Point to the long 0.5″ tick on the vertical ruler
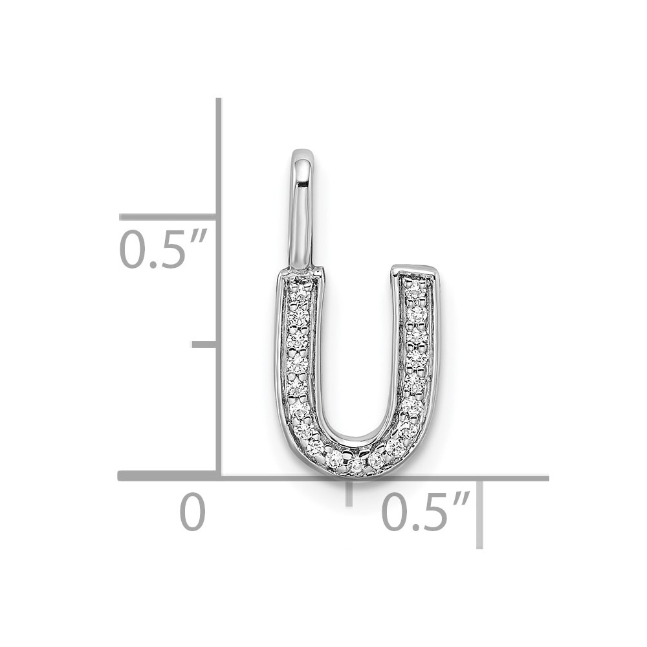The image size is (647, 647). coord(168,217)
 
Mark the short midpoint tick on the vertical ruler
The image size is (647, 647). coord(204,345)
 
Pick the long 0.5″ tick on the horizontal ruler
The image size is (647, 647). coord(479,514)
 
